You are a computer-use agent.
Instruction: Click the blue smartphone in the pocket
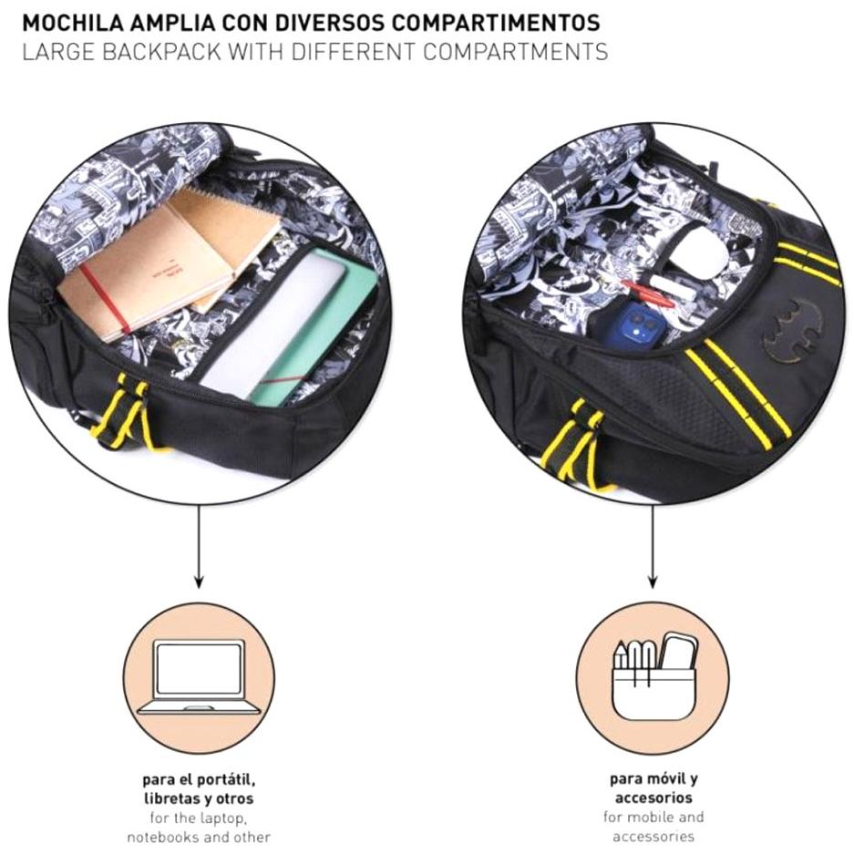point(633,327)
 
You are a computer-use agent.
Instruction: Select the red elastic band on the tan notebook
point(108,301)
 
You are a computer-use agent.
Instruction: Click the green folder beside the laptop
point(328,327)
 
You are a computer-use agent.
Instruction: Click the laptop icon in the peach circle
point(199,677)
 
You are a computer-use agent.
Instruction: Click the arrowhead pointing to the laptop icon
point(199,581)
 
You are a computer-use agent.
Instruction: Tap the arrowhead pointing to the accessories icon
point(653,581)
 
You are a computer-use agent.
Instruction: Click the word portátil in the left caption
point(223,780)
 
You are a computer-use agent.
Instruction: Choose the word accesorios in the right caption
point(653,797)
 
